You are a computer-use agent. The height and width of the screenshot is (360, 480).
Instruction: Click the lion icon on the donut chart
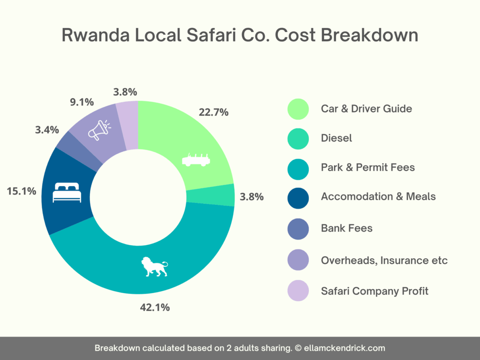(x=154, y=267)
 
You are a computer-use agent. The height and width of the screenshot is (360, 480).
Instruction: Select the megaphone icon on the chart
(x=99, y=130)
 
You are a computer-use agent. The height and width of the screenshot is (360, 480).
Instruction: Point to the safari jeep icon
(x=196, y=160)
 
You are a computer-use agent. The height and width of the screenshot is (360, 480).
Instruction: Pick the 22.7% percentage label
(x=213, y=112)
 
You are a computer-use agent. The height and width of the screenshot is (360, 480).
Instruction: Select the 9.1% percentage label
(x=82, y=101)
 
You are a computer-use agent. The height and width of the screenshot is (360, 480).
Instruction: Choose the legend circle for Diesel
(x=298, y=138)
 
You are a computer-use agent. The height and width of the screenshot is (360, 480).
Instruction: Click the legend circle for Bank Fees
(x=298, y=228)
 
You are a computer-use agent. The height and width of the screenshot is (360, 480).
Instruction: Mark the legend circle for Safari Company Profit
(x=298, y=291)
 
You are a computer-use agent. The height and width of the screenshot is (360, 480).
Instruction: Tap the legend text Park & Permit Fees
(x=367, y=167)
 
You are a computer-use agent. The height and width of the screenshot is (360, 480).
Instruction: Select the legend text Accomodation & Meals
(x=378, y=196)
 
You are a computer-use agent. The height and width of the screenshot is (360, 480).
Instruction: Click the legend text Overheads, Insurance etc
(x=384, y=260)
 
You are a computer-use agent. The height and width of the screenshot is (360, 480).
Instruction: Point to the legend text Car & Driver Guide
(x=366, y=109)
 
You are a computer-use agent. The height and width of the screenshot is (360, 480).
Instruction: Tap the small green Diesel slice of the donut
(x=224, y=195)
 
